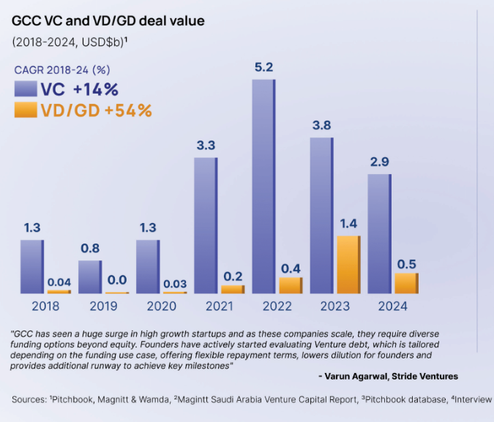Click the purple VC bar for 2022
coord(263,186)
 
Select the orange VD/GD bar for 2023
coord(349,264)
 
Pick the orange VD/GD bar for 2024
coord(406,283)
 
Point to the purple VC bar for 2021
coord(206,225)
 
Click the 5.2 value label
coord(263,67)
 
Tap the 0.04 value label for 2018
coord(59,282)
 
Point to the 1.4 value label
coord(348,224)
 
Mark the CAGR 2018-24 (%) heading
coord(62,70)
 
